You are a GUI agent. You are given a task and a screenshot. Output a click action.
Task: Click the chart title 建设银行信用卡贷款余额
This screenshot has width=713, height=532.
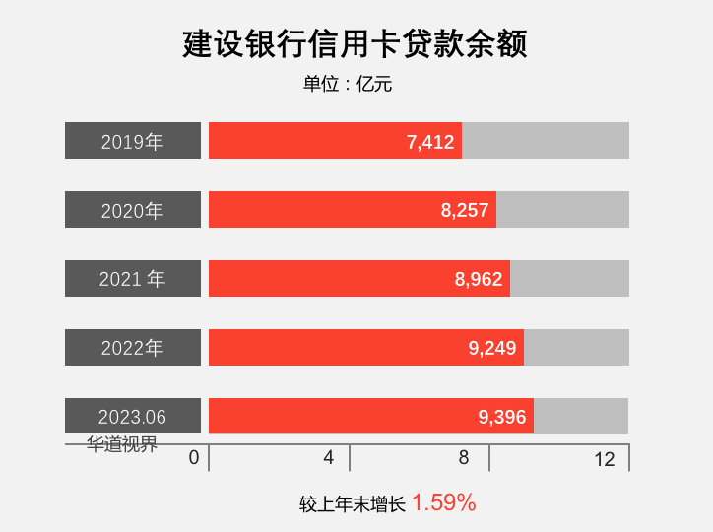click(356, 44)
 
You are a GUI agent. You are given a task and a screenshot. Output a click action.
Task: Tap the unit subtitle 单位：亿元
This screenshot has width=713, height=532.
click(348, 85)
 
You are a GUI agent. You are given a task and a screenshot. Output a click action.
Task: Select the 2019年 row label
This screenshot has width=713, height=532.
click(133, 141)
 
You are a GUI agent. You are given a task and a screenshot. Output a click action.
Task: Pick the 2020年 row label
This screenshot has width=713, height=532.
click(133, 210)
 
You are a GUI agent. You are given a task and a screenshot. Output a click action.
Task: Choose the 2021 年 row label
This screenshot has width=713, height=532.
click(133, 279)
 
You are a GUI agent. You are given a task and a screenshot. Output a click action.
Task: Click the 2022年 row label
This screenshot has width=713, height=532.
click(133, 348)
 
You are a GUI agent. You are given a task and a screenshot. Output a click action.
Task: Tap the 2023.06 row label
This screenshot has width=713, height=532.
click(133, 417)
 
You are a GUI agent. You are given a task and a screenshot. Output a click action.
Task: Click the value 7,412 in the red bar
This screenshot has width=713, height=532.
click(430, 142)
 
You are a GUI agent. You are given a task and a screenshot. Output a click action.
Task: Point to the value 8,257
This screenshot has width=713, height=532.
click(465, 210)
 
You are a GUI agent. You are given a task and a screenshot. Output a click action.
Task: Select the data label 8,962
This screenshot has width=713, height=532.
click(479, 279)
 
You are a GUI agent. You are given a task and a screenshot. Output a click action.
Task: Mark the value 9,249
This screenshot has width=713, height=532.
click(492, 348)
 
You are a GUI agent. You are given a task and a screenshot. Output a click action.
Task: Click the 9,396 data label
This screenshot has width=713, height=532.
click(502, 417)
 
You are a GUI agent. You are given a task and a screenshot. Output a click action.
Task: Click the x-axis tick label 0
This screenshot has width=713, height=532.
click(194, 458)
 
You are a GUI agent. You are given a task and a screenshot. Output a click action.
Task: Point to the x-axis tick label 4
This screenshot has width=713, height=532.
click(329, 458)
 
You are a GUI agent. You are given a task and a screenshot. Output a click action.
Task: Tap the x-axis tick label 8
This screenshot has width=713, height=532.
click(463, 458)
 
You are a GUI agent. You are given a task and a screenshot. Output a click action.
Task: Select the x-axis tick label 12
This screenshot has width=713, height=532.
click(605, 459)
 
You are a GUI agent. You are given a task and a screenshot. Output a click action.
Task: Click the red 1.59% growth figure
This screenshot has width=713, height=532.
click(444, 502)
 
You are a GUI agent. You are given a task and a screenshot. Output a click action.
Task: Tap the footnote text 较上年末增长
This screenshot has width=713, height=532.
click(353, 504)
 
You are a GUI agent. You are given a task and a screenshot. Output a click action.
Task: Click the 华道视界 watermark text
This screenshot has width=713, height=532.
click(122, 444)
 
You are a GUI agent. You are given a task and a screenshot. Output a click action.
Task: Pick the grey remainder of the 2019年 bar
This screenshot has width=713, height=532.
click(546, 141)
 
